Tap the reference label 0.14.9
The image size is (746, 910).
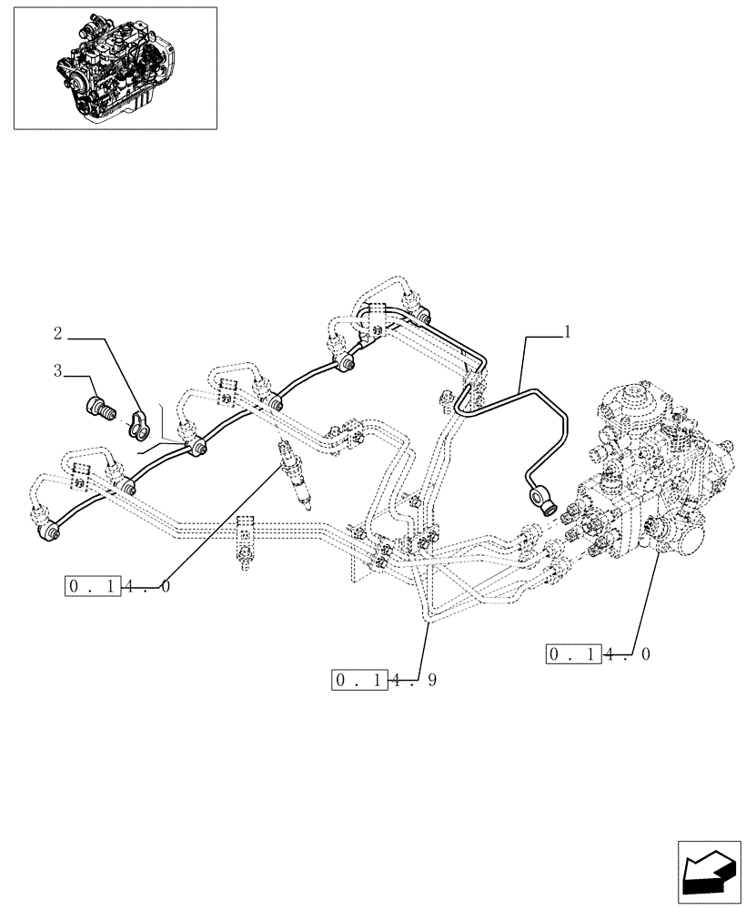point(386,680)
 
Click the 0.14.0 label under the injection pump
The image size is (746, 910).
point(600,653)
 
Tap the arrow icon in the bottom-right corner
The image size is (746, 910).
point(707,876)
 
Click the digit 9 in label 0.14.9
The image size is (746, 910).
point(431,680)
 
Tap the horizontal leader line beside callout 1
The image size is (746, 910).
point(543,336)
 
